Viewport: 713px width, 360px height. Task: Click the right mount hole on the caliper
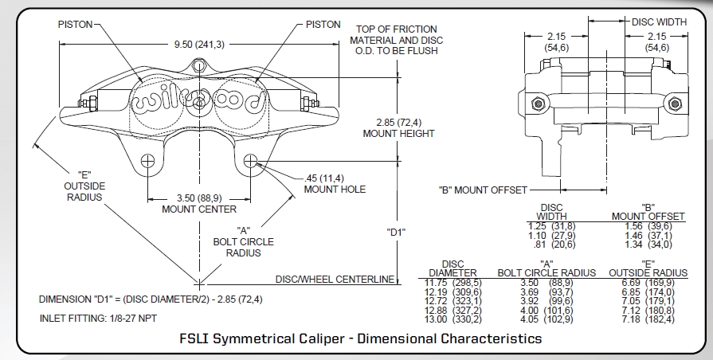coord(251,160)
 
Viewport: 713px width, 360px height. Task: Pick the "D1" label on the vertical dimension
coord(396,232)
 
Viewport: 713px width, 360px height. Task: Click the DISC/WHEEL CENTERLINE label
coord(335,279)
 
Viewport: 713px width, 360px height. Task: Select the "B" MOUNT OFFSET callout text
coord(483,190)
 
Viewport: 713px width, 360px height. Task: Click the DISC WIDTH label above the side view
coord(660,22)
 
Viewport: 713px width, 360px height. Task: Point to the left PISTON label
coord(76,25)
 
